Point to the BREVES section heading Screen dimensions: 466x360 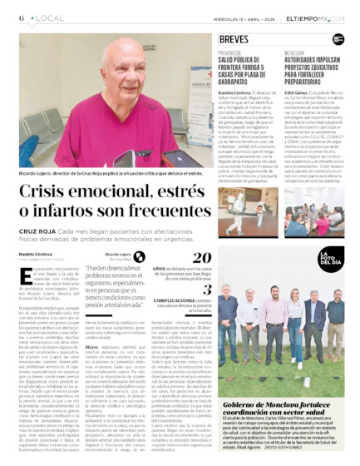tap(234, 39)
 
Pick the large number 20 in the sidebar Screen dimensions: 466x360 tap(202, 258)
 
